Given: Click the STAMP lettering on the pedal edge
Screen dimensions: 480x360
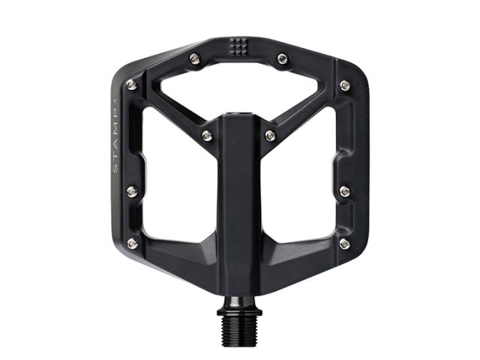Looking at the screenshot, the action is (115, 136).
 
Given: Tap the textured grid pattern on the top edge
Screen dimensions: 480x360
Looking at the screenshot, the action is (238, 47).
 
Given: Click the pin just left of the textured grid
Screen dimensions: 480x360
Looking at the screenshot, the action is (195, 58).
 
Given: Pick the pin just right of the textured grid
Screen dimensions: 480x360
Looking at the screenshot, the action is (282, 58).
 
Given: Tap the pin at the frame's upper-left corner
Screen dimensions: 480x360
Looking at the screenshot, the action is (132, 85).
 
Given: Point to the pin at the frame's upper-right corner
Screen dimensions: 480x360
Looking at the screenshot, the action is (345, 85).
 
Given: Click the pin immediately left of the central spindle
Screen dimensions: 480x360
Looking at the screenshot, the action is (207, 135).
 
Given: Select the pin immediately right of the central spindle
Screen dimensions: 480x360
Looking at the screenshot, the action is (270, 135).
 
